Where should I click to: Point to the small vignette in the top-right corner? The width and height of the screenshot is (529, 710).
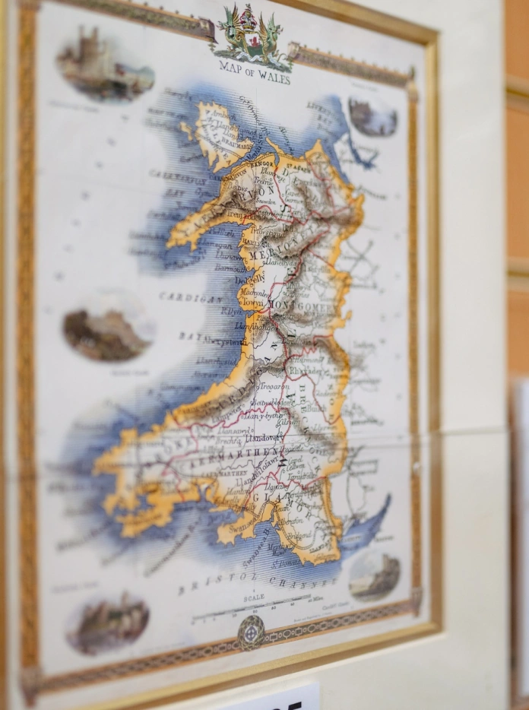(x=372, y=116)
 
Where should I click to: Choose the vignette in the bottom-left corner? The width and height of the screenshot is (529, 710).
(x=107, y=623)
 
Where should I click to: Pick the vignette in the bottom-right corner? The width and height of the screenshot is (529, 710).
(x=374, y=575)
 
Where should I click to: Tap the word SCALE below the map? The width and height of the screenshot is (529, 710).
(x=254, y=597)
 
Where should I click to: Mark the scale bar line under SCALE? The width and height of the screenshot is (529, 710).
(x=251, y=608)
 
